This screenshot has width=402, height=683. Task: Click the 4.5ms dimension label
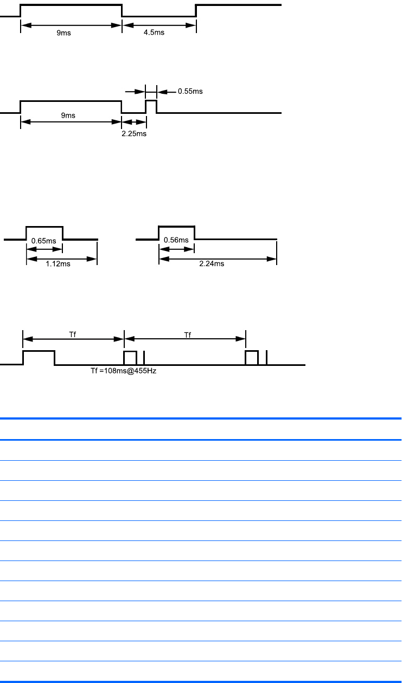(158, 33)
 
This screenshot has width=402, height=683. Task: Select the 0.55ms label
(190, 91)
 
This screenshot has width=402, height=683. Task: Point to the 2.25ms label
(133, 133)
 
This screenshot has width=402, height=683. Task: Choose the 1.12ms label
(58, 265)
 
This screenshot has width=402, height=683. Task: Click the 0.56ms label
(176, 240)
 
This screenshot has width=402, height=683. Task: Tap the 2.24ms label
(212, 265)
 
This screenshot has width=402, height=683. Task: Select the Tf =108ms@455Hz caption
(123, 371)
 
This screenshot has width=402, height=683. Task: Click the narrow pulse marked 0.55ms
(151, 106)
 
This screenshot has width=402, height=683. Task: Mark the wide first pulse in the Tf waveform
(39, 358)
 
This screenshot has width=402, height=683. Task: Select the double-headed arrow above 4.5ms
(158, 25)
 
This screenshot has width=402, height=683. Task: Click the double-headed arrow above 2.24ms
(218, 257)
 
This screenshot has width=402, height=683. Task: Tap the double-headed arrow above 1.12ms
(61, 258)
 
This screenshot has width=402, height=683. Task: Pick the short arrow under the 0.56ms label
(176, 249)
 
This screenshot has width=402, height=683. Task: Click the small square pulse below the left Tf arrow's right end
(130, 358)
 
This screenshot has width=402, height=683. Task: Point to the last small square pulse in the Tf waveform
(251, 358)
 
